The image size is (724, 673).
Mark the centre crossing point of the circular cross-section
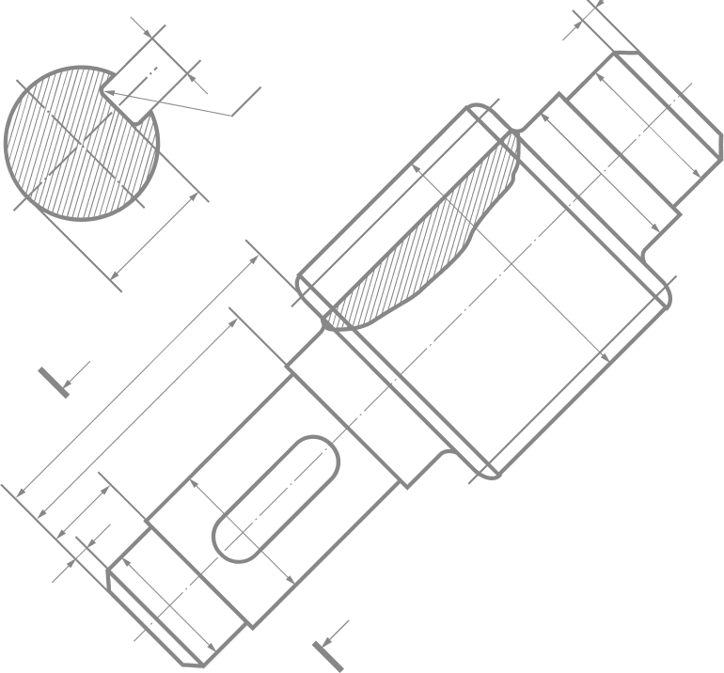(x=83, y=143)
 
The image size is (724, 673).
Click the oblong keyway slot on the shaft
(x=276, y=499)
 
